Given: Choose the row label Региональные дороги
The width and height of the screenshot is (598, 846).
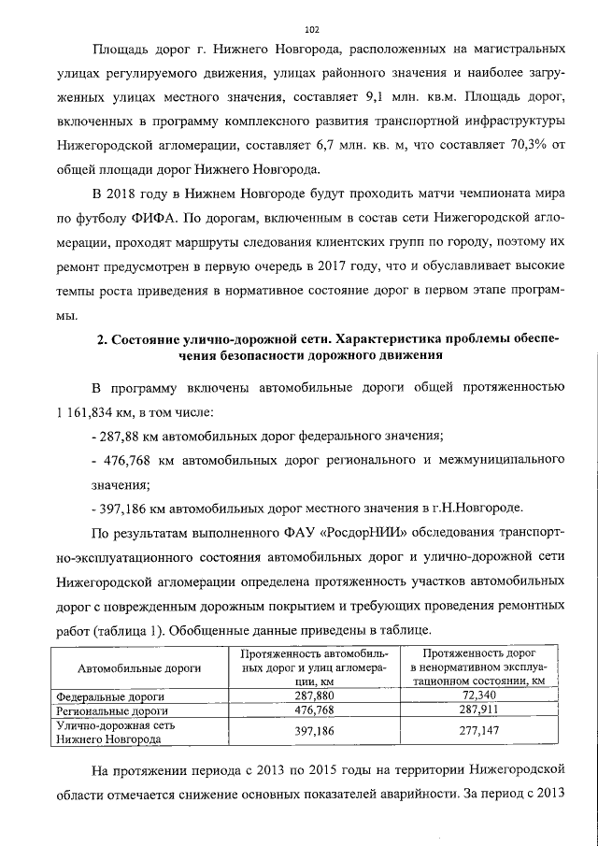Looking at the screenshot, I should [111, 710].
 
